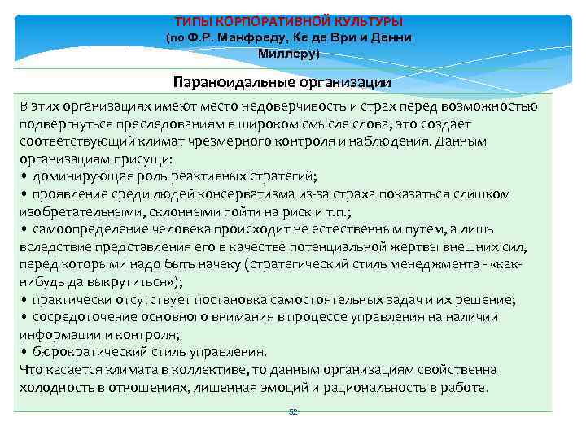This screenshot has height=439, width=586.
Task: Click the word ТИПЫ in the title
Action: point(194,21)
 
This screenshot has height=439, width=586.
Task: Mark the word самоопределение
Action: point(84,229)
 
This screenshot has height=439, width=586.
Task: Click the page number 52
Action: point(293,412)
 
